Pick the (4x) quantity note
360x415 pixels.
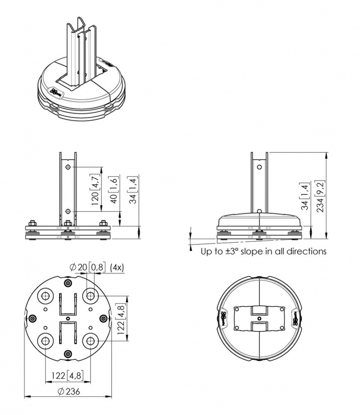tap(118, 268)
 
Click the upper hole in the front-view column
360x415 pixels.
tap(68, 167)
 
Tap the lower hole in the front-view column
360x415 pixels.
tap(68, 211)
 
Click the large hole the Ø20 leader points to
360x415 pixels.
tap(90, 295)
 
